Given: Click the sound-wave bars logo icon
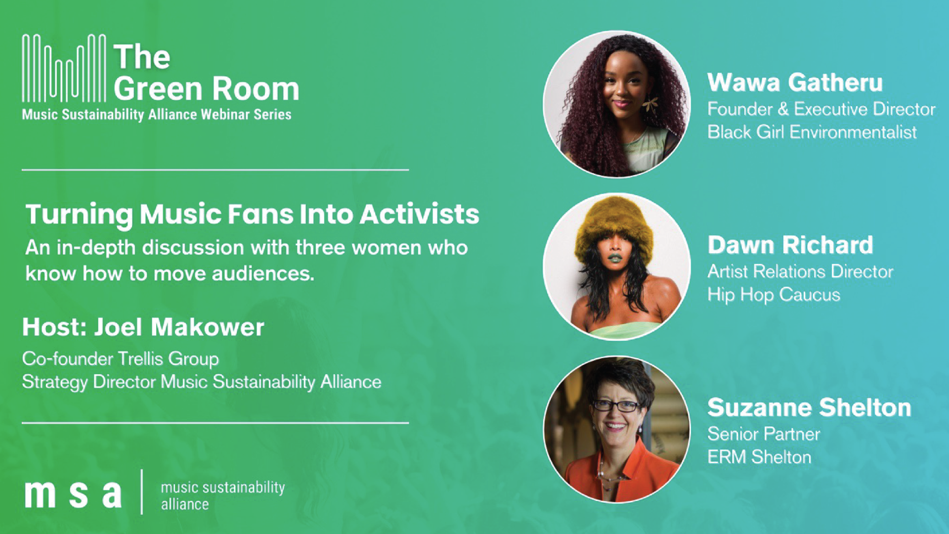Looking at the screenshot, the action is coord(64,68).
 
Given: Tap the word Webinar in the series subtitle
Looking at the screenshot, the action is coord(225,114).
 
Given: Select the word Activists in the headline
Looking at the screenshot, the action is coord(420,214).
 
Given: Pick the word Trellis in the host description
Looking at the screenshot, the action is coord(141,358).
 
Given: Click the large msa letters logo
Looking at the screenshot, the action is coord(73,493).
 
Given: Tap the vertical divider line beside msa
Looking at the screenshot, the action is coord(142,492).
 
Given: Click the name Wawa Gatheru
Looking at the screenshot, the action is coord(795,83).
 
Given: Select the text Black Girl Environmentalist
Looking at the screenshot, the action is coord(812,132).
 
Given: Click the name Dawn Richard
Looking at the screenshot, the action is coord(790,245).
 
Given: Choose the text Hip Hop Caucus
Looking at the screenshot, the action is coord(774,295).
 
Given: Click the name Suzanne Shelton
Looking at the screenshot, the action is coord(809,408).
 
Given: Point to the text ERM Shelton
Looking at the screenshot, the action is coord(759,457).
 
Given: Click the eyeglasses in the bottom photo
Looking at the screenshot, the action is coord(616,406).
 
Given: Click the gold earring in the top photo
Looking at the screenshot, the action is coord(649,104).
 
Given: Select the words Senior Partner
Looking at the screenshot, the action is coord(764,434).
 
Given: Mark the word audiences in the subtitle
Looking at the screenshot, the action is coord(263,273).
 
